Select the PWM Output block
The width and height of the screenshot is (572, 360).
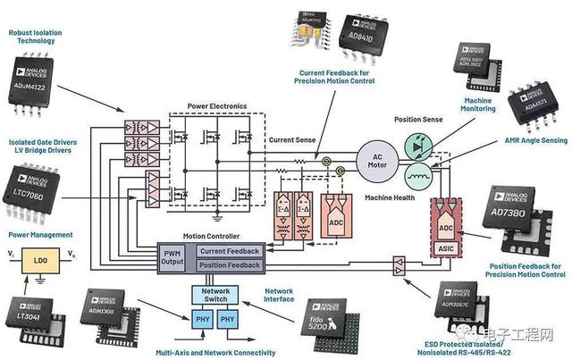point(172,258)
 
